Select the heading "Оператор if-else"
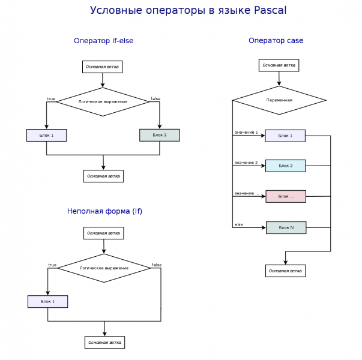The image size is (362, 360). click(103, 41)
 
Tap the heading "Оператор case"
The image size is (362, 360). click(276, 41)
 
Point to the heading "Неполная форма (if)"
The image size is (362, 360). click(104, 211)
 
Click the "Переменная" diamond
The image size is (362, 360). click(279, 100)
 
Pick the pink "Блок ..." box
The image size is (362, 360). click(286, 196)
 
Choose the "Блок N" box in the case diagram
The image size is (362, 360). click(286, 227)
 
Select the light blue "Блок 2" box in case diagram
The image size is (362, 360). click(286, 165)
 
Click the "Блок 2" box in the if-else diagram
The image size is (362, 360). click(160, 135)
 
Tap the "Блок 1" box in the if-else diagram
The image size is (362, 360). click(47, 135)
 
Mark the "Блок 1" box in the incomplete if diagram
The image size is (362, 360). click(48, 301)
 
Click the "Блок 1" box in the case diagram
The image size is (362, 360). click(286, 136)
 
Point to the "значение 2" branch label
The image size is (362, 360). click(246, 163)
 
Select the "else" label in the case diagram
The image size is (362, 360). click(239, 224)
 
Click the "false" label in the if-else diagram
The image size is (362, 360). click(155, 98)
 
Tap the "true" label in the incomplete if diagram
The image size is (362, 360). click(52, 265)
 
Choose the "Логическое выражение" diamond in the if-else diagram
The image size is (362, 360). click(103, 101)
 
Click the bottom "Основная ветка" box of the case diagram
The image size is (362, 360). click(285, 271)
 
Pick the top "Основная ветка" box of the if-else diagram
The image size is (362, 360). click(102, 67)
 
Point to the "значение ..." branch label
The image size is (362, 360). click(247, 193)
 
